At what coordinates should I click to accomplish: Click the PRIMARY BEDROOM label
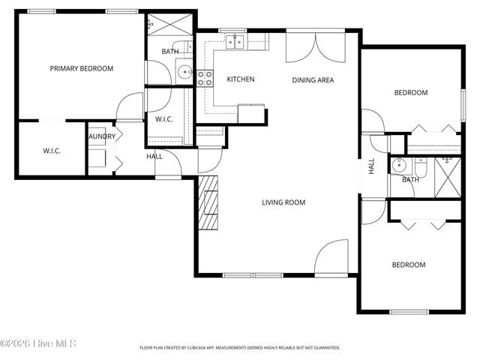tap(81, 68)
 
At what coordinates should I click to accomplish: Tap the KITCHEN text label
tap(241, 79)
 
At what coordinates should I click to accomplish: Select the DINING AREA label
tap(313, 80)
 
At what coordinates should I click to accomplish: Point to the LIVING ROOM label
tap(283, 202)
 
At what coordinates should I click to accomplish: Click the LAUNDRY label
tap(102, 136)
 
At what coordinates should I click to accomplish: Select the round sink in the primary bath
tap(184, 73)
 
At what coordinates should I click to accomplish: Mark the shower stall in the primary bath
tap(159, 23)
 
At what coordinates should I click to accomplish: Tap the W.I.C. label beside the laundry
tap(51, 151)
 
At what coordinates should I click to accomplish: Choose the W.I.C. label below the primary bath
tap(164, 119)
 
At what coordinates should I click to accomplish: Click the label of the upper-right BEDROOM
tap(411, 93)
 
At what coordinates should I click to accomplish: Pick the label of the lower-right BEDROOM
tap(409, 265)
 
